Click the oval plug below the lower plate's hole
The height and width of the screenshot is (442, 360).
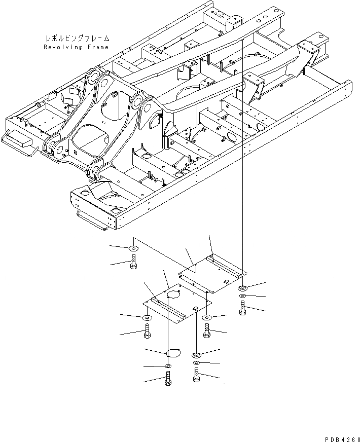pos(172,351)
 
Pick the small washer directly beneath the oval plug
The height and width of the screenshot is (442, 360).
pos(168,366)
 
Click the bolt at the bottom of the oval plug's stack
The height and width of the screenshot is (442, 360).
pos(168,378)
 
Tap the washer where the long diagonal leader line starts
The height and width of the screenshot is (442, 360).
pos(133,248)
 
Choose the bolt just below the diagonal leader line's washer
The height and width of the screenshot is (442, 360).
pos(133,262)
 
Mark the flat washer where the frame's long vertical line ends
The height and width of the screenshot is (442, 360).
pos(243,288)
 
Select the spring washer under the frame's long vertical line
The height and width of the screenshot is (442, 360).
pos(243,296)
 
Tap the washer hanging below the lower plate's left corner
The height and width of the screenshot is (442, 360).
pos(147,317)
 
